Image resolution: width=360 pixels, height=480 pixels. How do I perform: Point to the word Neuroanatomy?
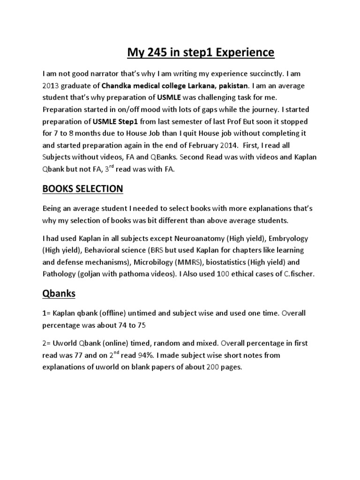(x=198, y=238)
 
